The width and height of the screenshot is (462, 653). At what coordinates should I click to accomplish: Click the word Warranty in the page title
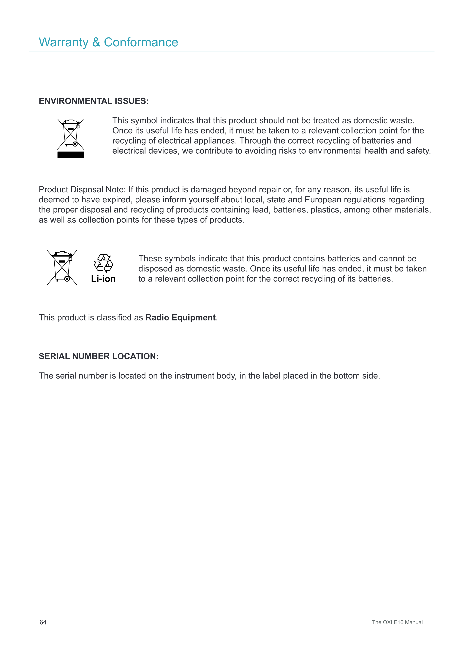point(64,42)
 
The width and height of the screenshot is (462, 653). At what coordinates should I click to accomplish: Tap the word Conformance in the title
point(141,42)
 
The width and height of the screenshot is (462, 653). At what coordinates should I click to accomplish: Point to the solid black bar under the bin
point(71,155)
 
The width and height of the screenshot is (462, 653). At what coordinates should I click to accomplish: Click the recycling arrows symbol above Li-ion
point(103,263)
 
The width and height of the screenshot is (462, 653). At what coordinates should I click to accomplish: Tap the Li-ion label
point(103,279)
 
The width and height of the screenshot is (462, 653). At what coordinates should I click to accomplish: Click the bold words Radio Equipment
point(180,317)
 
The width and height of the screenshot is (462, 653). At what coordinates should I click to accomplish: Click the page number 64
point(43,622)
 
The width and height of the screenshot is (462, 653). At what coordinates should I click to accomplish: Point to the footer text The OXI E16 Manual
point(397,622)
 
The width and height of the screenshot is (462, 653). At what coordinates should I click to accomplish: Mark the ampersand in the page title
point(96,42)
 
